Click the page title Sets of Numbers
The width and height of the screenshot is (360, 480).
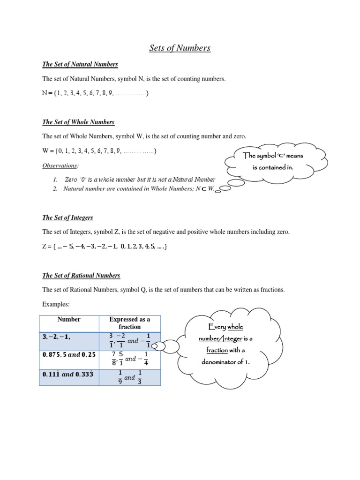pyautogui.click(x=180, y=48)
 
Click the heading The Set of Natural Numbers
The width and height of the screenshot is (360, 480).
pyautogui.click(x=80, y=64)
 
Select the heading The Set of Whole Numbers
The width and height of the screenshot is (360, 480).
pyautogui.click(x=78, y=122)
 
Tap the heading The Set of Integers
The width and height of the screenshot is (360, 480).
pyautogui.click(x=67, y=217)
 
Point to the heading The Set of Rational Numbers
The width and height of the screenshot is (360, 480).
pyautogui.click(x=81, y=275)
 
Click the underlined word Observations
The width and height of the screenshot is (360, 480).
pyautogui.click(x=60, y=166)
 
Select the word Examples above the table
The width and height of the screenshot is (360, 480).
pyautogui.click(x=56, y=305)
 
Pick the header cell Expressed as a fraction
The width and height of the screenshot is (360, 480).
pyautogui.click(x=129, y=323)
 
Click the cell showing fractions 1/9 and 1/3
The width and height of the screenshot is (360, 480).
pyautogui.click(x=129, y=377)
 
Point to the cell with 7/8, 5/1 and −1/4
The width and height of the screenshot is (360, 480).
pyautogui.click(x=129, y=359)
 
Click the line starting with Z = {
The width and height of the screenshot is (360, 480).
pyautogui.click(x=105, y=246)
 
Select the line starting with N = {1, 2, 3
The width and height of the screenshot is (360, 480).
pyautogui.click(x=96, y=93)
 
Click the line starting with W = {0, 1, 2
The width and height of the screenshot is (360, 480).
pyautogui.click(x=99, y=151)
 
